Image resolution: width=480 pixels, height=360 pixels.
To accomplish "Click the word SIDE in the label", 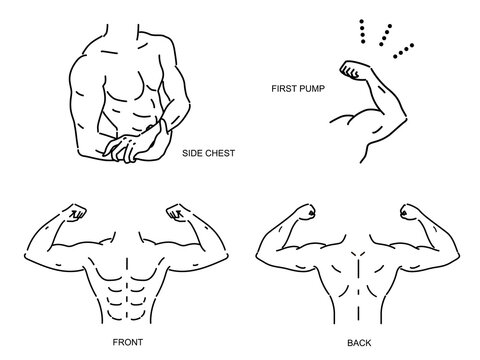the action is [x=191, y=153].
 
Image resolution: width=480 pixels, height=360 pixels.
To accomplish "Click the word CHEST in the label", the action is [x=220, y=153].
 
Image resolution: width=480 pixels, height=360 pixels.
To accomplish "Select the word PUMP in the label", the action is [x=312, y=89].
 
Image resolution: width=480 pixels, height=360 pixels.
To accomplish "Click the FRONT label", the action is [x=128, y=342].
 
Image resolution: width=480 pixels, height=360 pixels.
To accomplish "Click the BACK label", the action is [x=359, y=343].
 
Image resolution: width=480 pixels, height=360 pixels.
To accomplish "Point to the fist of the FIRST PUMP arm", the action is [x=352, y=69].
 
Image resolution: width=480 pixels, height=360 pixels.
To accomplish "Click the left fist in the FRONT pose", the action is [x=76, y=213].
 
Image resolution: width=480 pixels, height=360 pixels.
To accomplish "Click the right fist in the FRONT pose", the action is [x=177, y=213].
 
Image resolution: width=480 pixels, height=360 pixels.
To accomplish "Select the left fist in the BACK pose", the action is [x=307, y=212].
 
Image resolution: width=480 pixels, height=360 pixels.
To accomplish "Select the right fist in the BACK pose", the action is [x=409, y=212].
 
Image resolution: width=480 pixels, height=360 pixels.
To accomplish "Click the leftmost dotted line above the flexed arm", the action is [x=362, y=31].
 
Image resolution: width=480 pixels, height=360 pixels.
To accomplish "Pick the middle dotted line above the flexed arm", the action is [x=385, y=35].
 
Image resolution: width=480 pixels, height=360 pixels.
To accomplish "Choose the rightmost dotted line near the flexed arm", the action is [x=404, y=50].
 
